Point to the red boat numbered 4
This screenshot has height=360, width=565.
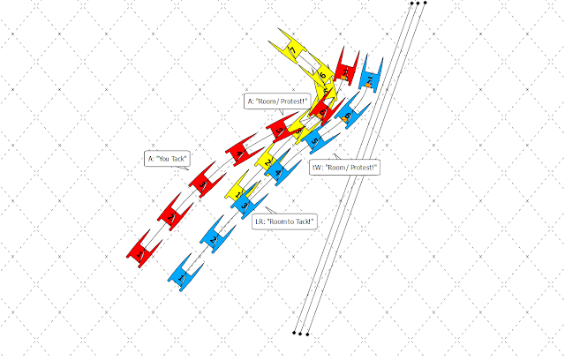tap(241, 151)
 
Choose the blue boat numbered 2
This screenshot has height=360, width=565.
tap(213, 237)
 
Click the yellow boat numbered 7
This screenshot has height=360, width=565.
tap(292, 44)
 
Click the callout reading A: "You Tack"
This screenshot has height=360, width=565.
tap(168, 159)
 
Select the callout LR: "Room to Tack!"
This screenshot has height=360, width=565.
tap(285, 221)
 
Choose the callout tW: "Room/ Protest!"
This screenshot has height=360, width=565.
tap(344, 166)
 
